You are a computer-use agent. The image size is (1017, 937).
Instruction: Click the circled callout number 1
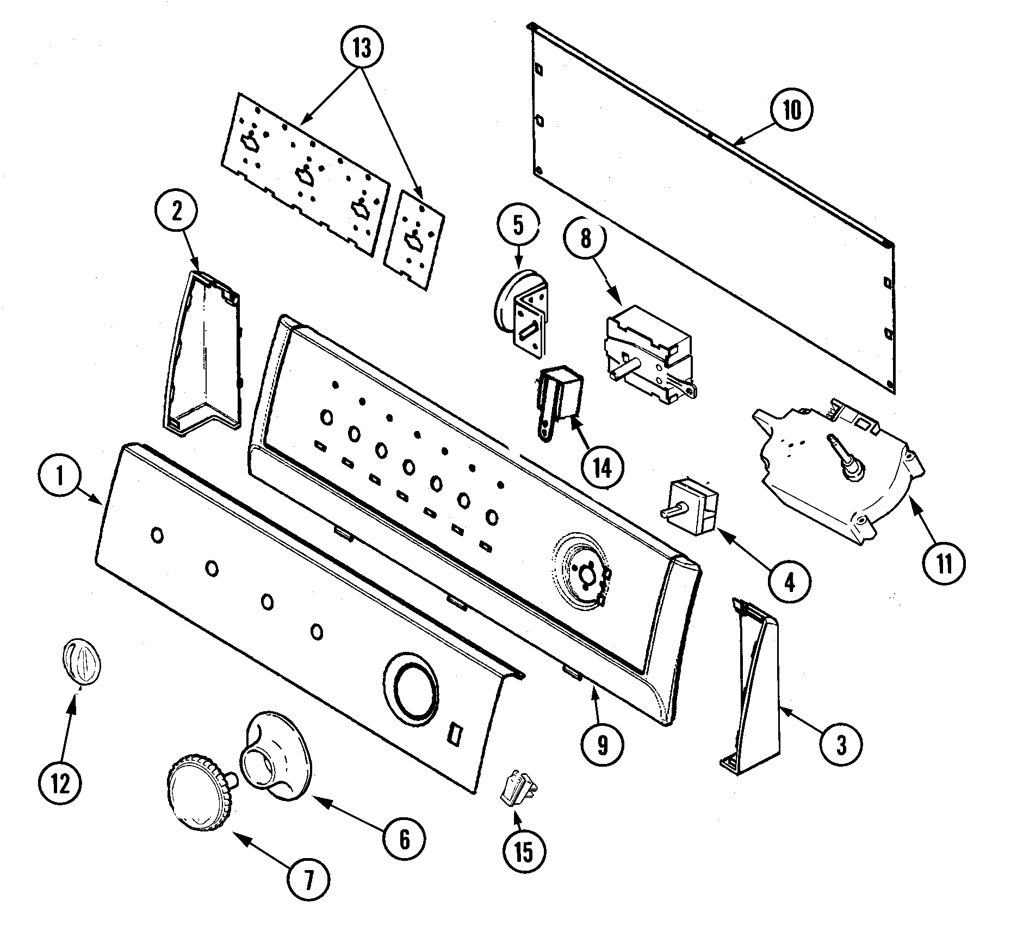click(60, 478)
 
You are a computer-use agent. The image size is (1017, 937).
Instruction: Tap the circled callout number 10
click(792, 110)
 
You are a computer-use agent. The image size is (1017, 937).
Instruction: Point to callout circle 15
click(523, 852)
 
